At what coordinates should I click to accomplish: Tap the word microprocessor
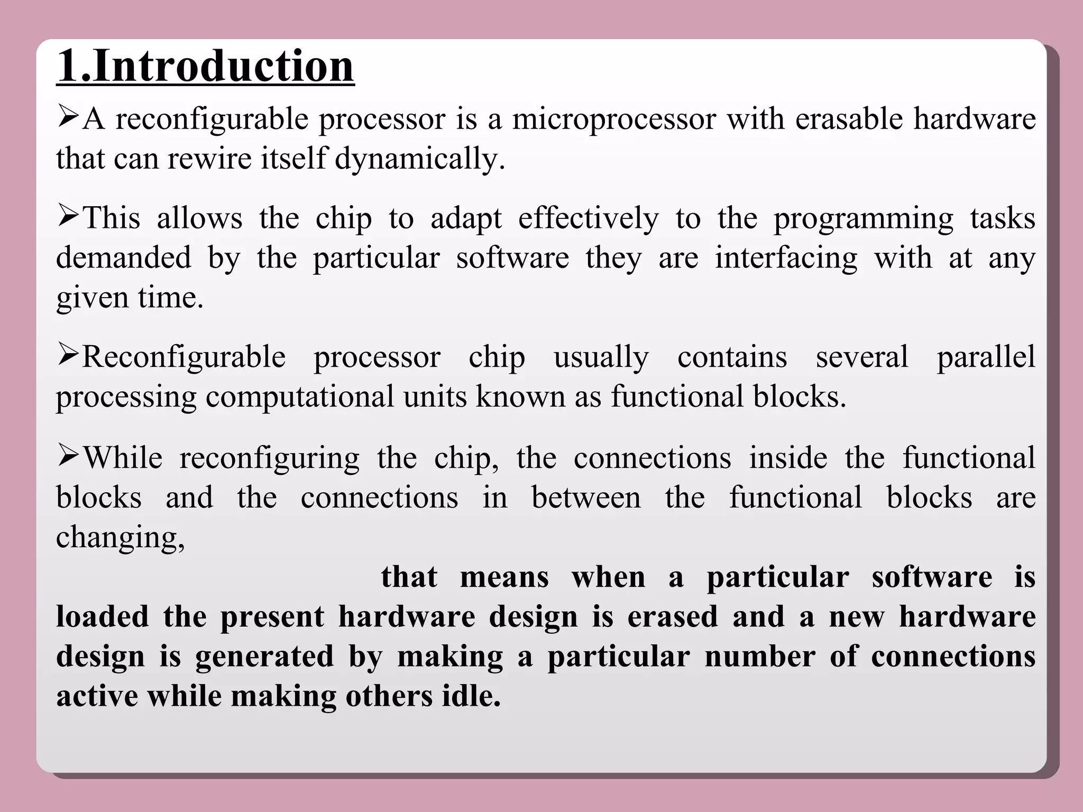tap(613, 119)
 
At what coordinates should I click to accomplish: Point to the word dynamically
tap(420, 159)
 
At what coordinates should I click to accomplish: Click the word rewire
tap(209, 158)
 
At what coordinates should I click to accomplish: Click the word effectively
tap(588, 218)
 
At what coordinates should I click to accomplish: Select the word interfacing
tap(786, 259)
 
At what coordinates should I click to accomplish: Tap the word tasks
tap(1003, 218)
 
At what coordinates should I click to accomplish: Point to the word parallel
tap(986, 357)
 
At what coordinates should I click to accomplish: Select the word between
tap(586, 497)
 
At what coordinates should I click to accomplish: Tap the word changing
tap(120, 538)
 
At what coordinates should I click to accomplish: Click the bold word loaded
tap(103, 616)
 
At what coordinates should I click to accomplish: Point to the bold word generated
tap(264, 657)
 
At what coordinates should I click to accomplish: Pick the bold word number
tap(759, 657)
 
